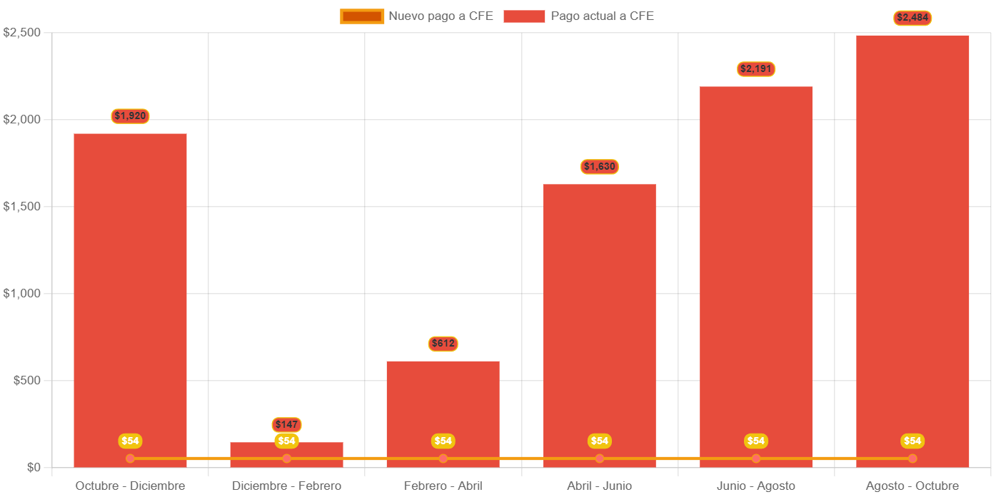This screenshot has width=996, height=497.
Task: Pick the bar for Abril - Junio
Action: pos(599,321)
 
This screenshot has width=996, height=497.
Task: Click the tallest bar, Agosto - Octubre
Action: pos(912,250)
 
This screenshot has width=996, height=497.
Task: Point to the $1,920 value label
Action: pos(130,116)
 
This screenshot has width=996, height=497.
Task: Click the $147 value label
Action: pos(286,424)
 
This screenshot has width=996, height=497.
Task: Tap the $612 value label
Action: pos(443,343)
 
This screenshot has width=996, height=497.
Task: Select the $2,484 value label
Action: pos(912,17)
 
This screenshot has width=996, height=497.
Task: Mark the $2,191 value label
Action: pos(755,68)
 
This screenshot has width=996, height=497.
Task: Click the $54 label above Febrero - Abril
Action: pos(443,441)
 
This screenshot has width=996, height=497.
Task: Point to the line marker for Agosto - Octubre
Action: pos(912,458)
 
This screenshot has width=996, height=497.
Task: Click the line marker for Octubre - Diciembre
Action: pos(130,458)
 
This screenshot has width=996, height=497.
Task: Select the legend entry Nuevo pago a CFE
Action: pos(417,16)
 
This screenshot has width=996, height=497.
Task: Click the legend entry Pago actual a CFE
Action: pos(579,16)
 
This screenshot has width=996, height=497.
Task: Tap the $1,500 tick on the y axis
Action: pos(22,206)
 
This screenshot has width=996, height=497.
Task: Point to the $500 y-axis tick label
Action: pos(27,380)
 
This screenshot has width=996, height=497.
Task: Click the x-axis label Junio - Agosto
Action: pos(755,486)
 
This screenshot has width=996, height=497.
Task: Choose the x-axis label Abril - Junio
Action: pos(599,486)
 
